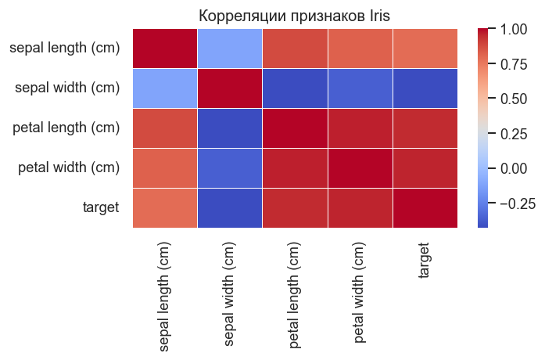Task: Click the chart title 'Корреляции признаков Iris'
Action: [x=294, y=15]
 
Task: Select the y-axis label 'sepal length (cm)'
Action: [x=65, y=49]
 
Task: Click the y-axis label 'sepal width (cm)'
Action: [x=67, y=88]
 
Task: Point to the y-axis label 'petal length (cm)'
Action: [x=66, y=128]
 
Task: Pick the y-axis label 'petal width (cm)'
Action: [x=68, y=167]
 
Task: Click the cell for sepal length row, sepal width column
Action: [x=230, y=49]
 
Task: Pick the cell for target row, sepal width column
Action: [x=230, y=207]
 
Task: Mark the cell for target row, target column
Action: [x=425, y=207]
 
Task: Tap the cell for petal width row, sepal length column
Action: [x=165, y=167]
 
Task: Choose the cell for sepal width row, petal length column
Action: [x=295, y=88]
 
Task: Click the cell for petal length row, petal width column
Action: [x=360, y=128]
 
